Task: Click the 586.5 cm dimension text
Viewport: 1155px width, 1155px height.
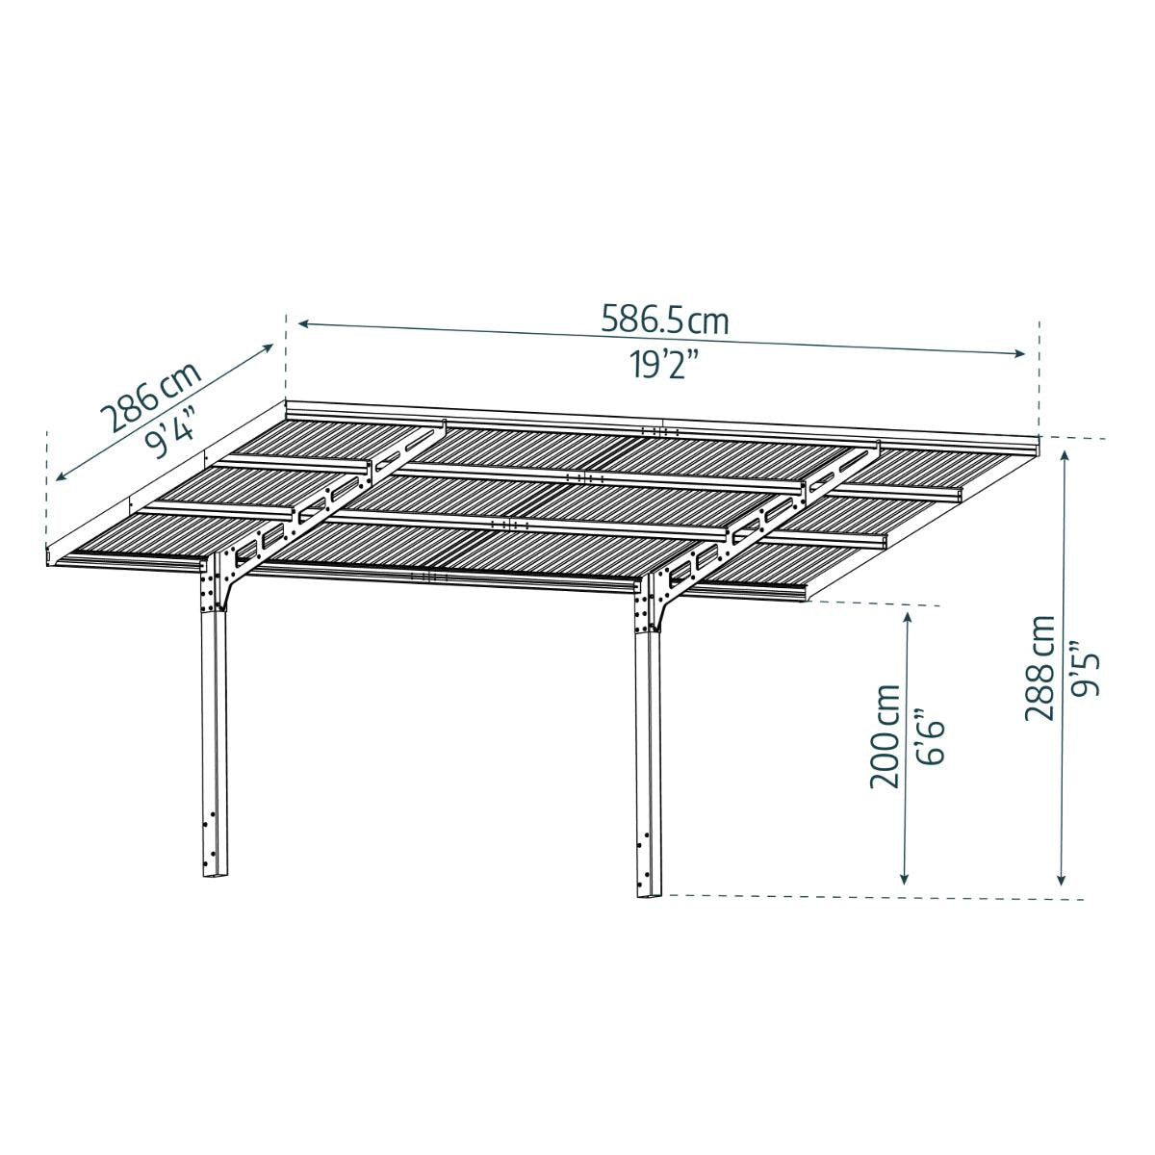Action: pyautogui.click(x=665, y=320)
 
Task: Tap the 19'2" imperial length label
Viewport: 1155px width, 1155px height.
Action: pyautogui.click(x=665, y=364)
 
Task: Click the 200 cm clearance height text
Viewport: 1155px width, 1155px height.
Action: pyautogui.click(x=885, y=736)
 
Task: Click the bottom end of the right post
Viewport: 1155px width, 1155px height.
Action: pyautogui.click(x=651, y=911)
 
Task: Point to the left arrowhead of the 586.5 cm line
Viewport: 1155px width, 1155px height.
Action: pyautogui.click(x=304, y=323)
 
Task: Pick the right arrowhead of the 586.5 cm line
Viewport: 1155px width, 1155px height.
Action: pyautogui.click(x=1018, y=353)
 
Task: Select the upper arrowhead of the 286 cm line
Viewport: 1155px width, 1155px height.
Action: pyautogui.click(x=268, y=347)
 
